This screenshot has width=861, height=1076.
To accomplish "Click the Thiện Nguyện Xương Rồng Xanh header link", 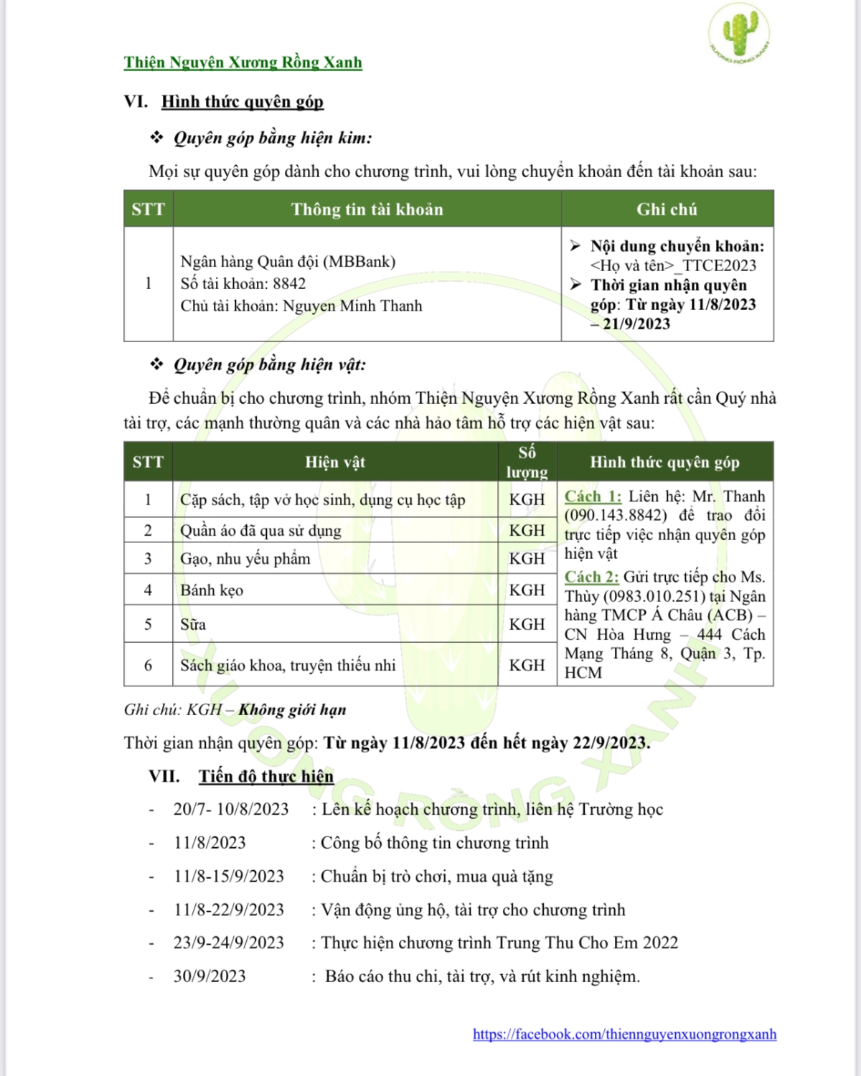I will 243,62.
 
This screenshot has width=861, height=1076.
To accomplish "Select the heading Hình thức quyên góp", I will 243,102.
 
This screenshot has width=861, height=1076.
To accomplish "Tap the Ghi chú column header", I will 667,209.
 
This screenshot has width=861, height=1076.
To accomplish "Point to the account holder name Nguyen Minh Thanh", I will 352,306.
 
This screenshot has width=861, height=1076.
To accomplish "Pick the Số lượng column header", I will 527,461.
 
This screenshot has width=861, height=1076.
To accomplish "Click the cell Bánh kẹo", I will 212,590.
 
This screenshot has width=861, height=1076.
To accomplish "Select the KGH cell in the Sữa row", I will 527,624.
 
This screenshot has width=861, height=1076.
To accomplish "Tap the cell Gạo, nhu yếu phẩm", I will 245,559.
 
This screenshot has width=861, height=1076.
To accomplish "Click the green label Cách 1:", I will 593,496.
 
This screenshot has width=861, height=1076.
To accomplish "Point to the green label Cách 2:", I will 591,577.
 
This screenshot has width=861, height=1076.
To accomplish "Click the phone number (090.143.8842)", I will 616,516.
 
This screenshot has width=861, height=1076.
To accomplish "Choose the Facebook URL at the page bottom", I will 624,1034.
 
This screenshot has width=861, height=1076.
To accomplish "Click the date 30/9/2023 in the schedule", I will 210,976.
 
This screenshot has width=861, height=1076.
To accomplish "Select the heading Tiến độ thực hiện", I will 266,776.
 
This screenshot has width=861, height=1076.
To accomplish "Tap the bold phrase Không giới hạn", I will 292,710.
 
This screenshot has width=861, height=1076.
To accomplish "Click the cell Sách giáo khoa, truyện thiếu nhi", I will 288,666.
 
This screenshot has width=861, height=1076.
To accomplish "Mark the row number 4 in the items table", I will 148,590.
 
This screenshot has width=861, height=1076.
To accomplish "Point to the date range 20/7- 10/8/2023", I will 231,809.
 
